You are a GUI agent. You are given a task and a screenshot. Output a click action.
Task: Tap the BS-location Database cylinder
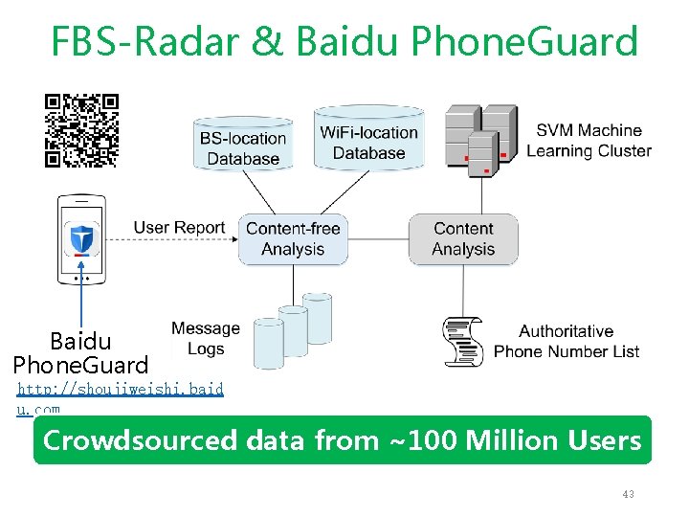click(x=243, y=146)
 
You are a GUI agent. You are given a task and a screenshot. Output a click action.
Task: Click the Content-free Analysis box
click(x=292, y=238)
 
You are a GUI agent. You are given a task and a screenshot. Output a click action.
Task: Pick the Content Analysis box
click(x=463, y=238)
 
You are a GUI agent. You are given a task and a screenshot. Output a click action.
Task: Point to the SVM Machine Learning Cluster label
click(x=589, y=140)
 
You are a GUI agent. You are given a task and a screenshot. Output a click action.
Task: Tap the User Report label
click(x=179, y=228)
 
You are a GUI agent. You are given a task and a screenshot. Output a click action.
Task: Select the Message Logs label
click(x=205, y=339)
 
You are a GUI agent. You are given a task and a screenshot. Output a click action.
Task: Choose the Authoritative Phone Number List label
click(x=567, y=342)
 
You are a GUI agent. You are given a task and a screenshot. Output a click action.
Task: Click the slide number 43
click(x=628, y=494)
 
